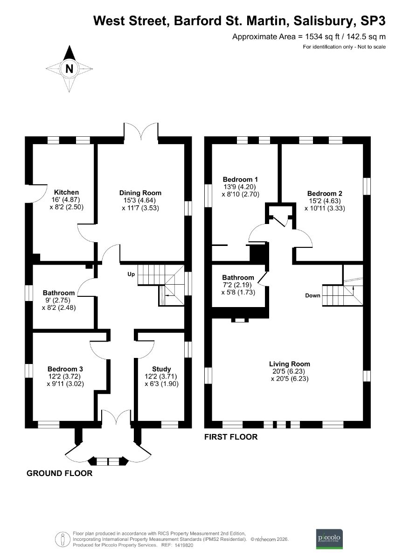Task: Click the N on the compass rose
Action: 69,69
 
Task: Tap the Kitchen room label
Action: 66,192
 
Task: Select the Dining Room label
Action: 140,193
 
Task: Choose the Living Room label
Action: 289,364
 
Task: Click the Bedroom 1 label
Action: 240,179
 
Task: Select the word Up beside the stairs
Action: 131,274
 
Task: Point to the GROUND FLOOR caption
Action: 59,473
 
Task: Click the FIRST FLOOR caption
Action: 231,437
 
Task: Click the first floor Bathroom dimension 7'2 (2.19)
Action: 238,285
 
